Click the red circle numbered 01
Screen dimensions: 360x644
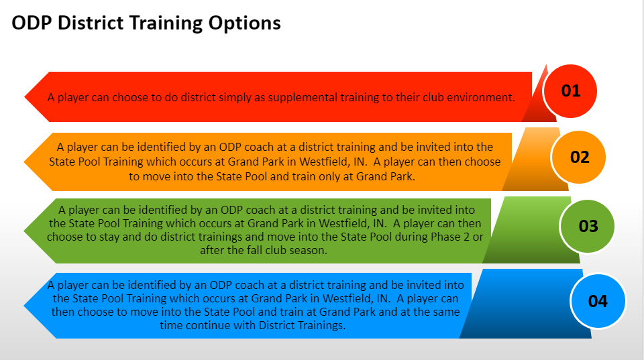570,91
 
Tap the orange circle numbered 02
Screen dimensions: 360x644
579,157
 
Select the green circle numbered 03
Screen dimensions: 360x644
588,225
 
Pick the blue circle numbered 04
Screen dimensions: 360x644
597,301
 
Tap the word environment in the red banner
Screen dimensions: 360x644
482,97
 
